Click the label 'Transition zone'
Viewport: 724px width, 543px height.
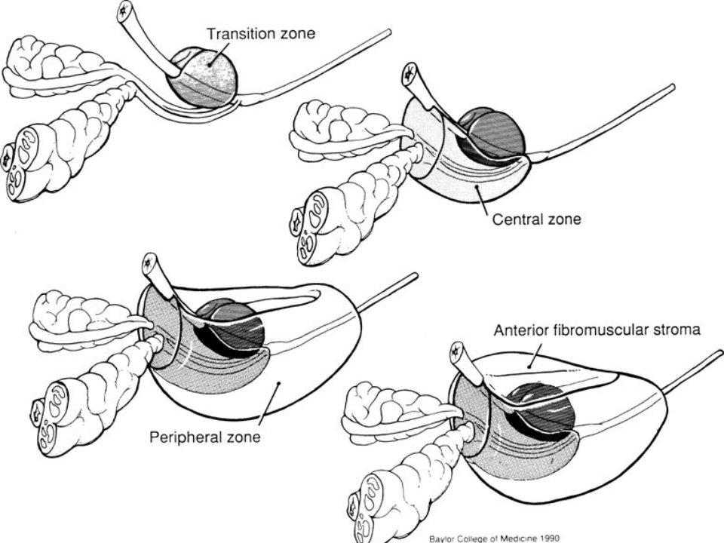pos(261,34)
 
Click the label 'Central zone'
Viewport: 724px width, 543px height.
pos(536,219)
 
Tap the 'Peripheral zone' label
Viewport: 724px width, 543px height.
pos(205,437)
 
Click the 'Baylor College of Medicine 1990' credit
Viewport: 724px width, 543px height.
pos(494,538)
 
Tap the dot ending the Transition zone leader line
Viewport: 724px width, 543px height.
pos(210,64)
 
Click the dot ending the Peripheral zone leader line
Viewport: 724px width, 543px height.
pos(278,383)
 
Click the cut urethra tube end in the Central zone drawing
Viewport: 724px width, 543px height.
pos(410,74)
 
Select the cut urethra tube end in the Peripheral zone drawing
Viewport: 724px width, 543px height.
pos(150,264)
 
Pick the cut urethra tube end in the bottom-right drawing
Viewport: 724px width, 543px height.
pos(457,352)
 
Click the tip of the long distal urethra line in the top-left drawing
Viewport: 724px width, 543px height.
pos(389,32)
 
